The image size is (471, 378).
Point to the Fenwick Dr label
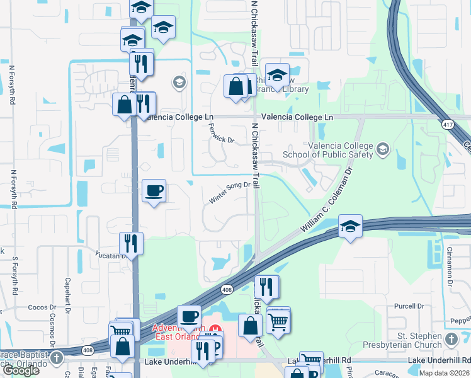pyautogui.click(x=220, y=133)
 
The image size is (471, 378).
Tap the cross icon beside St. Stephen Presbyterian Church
pyautogui.click(x=450, y=340)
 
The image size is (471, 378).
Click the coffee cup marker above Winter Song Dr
pyautogui.click(x=154, y=190)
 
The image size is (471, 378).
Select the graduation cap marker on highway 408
pyautogui.click(x=350, y=226)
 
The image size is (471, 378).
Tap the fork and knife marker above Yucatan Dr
pyautogui.click(x=131, y=242)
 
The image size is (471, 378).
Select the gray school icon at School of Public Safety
pyautogui.click(x=383, y=149)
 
